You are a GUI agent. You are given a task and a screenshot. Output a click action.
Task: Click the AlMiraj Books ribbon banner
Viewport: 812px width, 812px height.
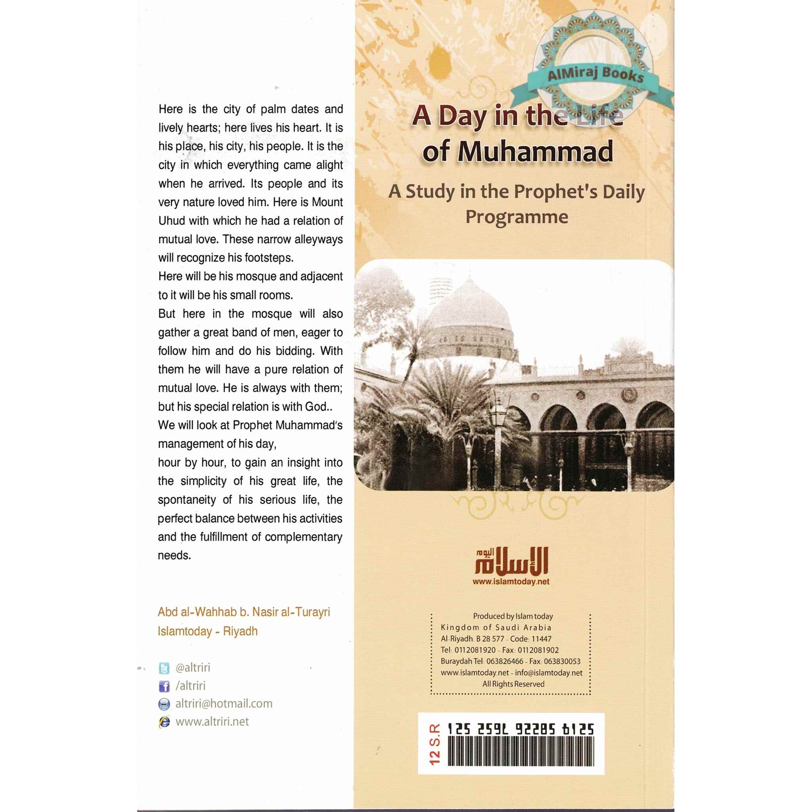point(595,75)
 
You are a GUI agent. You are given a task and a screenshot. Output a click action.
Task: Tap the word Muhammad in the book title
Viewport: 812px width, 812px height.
point(535,151)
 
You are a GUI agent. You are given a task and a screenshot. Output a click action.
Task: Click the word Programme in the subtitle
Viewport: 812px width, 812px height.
point(517,217)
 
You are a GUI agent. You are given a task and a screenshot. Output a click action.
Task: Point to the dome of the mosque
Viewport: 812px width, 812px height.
point(469,311)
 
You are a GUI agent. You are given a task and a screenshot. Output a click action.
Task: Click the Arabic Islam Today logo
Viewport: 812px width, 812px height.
point(511,561)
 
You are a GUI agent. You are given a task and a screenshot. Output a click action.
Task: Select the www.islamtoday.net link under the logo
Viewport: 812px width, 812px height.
point(511,582)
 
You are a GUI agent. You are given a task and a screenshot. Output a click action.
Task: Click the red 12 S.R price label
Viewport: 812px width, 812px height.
point(435,744)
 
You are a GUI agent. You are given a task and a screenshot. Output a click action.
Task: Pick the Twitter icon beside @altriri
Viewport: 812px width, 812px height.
point(164,668)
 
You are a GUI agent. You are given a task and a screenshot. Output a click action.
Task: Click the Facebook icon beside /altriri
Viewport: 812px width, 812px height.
point(164,686)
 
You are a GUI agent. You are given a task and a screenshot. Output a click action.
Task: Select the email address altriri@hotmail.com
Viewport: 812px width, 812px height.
point(224,704)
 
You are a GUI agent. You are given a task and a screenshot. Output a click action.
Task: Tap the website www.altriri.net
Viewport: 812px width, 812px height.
point(212,722)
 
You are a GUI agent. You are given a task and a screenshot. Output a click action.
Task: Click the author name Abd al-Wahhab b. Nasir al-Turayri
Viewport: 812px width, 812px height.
point(244,612)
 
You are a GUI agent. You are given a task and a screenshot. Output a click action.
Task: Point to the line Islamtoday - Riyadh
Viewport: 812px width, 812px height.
point(208,631)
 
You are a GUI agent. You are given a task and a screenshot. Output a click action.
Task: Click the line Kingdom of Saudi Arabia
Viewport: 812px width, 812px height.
point(496,628)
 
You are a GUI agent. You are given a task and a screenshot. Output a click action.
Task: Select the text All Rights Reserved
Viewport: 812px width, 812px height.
point(513,684)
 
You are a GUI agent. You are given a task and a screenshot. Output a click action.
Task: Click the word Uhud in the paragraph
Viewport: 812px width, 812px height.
point(171,221)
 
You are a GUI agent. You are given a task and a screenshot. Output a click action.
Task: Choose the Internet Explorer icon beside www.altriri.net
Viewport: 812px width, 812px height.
point(164,722)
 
